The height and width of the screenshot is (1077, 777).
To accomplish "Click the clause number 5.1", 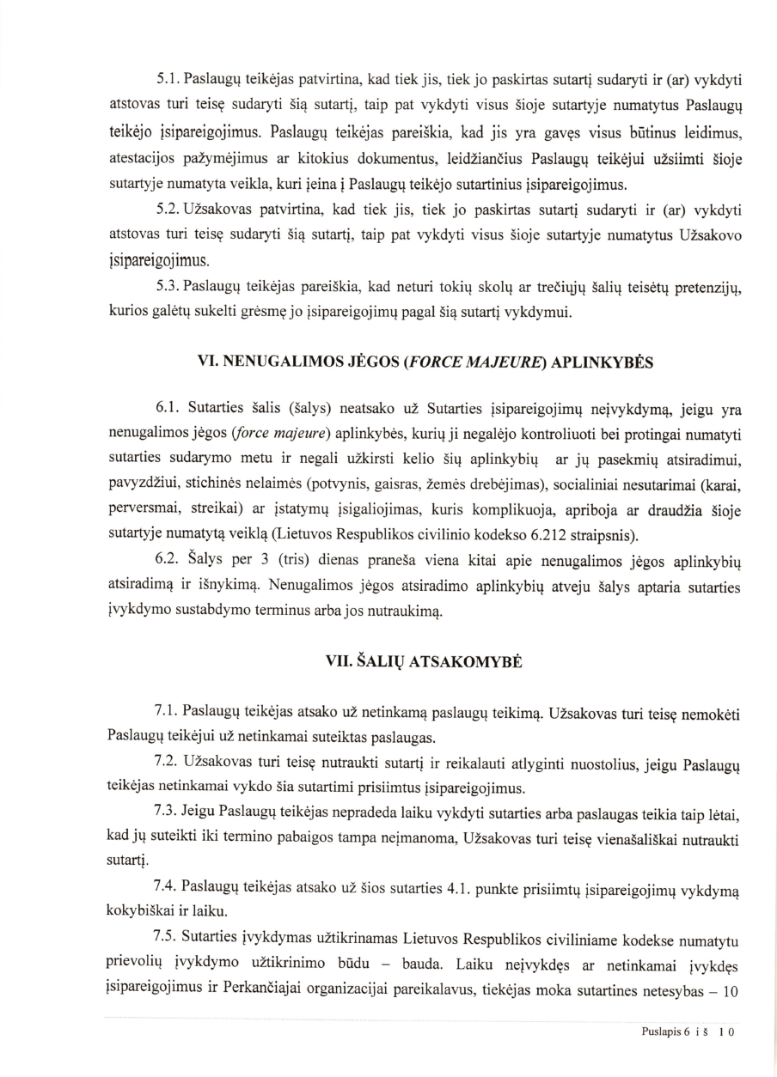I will [168, 80].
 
